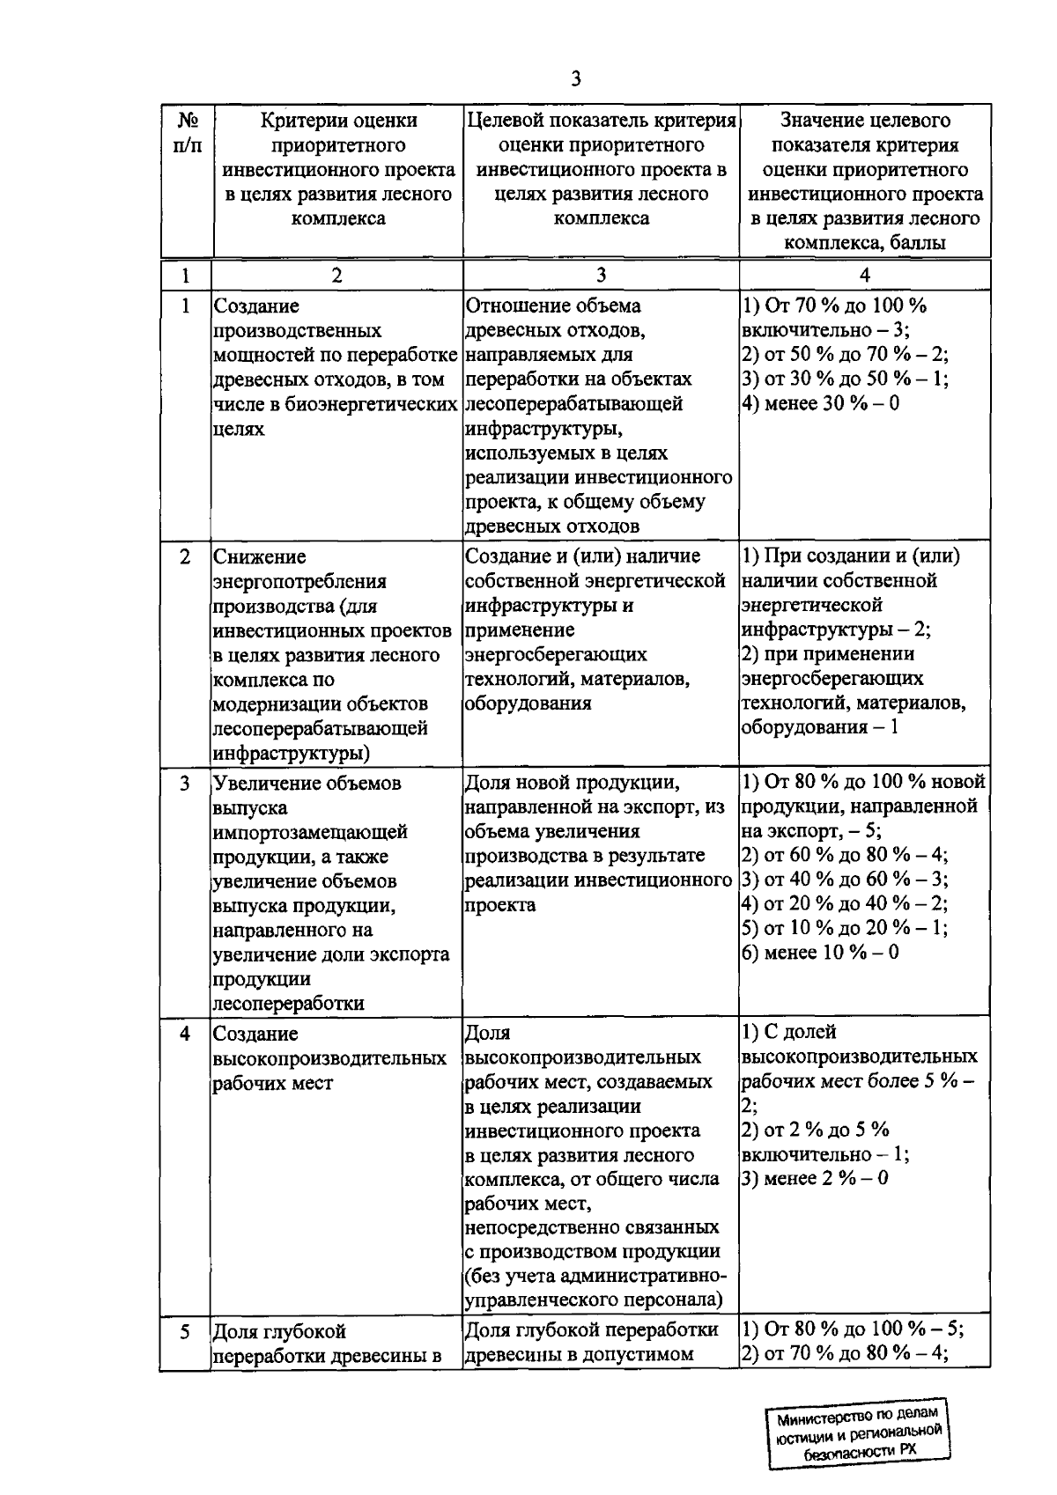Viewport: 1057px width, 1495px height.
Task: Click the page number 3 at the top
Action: [x=575, y=79]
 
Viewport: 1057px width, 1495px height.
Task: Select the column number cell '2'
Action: [x=337, y=276]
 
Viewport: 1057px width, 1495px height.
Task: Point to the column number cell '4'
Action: [x=864, y=276]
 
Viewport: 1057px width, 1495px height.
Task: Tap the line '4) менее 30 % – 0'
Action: [x=820, y=404]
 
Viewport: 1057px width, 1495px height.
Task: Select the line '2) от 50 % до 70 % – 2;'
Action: [x=845, y=355]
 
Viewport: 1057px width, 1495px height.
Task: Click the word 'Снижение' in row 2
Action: [x=260, y=557]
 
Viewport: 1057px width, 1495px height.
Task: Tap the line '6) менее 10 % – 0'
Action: [x=820, y=953]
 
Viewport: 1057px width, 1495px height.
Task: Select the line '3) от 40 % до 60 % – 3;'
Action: [x=845, y=879]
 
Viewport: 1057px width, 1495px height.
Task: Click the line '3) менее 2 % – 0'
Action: [x=815, y=1178]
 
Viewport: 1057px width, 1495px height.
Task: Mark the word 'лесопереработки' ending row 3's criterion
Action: [x=288, y=1004]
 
